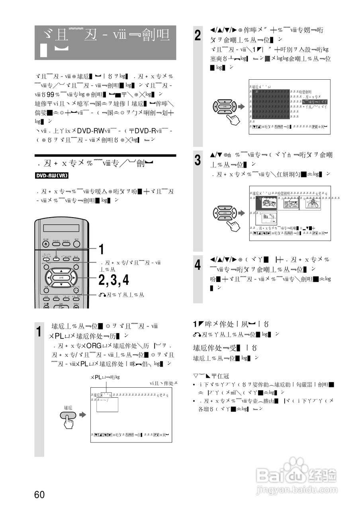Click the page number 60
coord(39,494)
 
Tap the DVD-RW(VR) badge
coord(52,175)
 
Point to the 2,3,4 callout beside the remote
coord(114,280)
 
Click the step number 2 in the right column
coord(198,35)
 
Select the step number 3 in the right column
coord(198,161)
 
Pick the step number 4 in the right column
coord(198,265)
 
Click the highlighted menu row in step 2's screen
coord(314,102)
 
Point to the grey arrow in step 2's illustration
coord(241,107)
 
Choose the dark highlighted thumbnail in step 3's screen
coord(266,204)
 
